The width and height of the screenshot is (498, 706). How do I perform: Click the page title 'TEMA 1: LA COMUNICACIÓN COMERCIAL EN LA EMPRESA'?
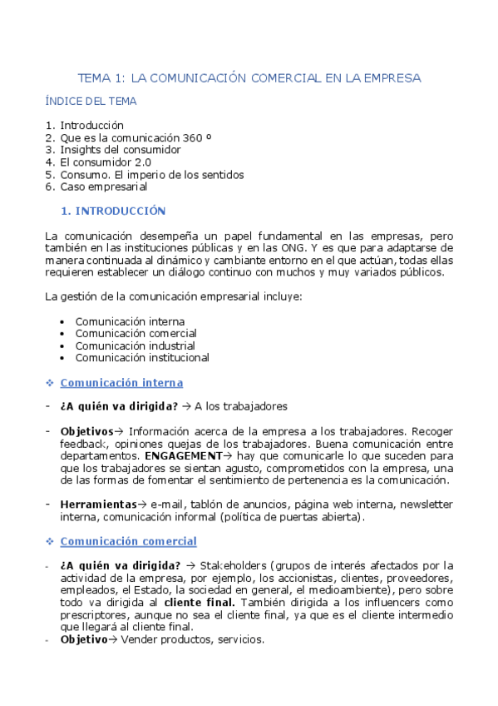point(249,78)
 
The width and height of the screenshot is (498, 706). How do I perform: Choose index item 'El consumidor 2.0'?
point(106,162)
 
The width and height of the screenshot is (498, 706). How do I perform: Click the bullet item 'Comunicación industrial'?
point(135,346)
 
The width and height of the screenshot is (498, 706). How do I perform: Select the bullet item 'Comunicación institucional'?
point(141,358)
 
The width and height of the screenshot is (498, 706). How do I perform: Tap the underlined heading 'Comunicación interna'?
point(121,383)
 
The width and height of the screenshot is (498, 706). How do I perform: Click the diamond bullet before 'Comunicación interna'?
point(50,383)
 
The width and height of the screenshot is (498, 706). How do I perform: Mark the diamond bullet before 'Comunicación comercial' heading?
point(50,542)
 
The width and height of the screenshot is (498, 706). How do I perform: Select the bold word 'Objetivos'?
point(86,432)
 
